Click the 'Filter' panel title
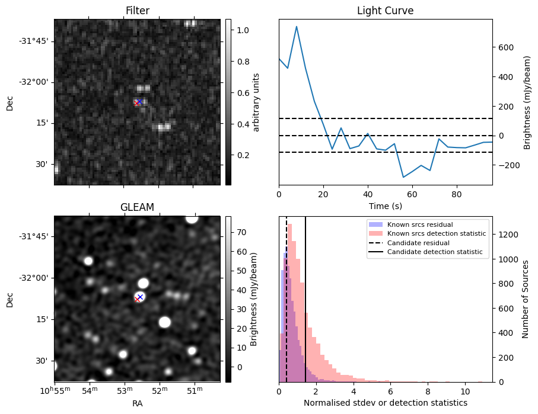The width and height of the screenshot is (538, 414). [137, 11]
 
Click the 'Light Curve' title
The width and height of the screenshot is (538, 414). [385, 11]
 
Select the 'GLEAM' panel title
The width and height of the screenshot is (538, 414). [137, 207]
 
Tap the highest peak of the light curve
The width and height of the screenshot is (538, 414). [297, 27]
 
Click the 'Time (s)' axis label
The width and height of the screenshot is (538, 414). [385, 205]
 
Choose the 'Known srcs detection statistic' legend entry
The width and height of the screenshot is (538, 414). [436, 234]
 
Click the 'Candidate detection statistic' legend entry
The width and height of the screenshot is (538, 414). [434, 252]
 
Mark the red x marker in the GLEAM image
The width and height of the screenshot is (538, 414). [137, 299]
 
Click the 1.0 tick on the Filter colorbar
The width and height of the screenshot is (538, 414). [242, 30]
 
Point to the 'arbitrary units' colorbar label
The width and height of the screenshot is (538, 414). [257, 102]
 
